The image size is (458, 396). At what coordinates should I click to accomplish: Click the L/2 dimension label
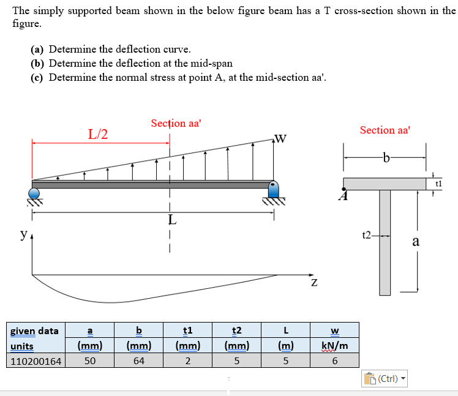coord(98,135)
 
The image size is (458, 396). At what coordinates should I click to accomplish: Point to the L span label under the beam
coord(173,220)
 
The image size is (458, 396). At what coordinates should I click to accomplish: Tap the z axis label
coord(313,282)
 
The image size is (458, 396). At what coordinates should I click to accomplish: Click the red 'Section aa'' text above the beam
coord(176,123)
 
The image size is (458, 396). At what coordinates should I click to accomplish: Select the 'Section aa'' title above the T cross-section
coord(385,130)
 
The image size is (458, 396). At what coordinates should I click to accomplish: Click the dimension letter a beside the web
coord(416,241)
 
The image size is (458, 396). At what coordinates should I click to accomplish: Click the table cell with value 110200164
coord(36,361)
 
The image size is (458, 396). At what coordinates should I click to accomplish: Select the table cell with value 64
coord(139,361)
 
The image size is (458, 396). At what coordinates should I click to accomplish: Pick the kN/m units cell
coord(335,346)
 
